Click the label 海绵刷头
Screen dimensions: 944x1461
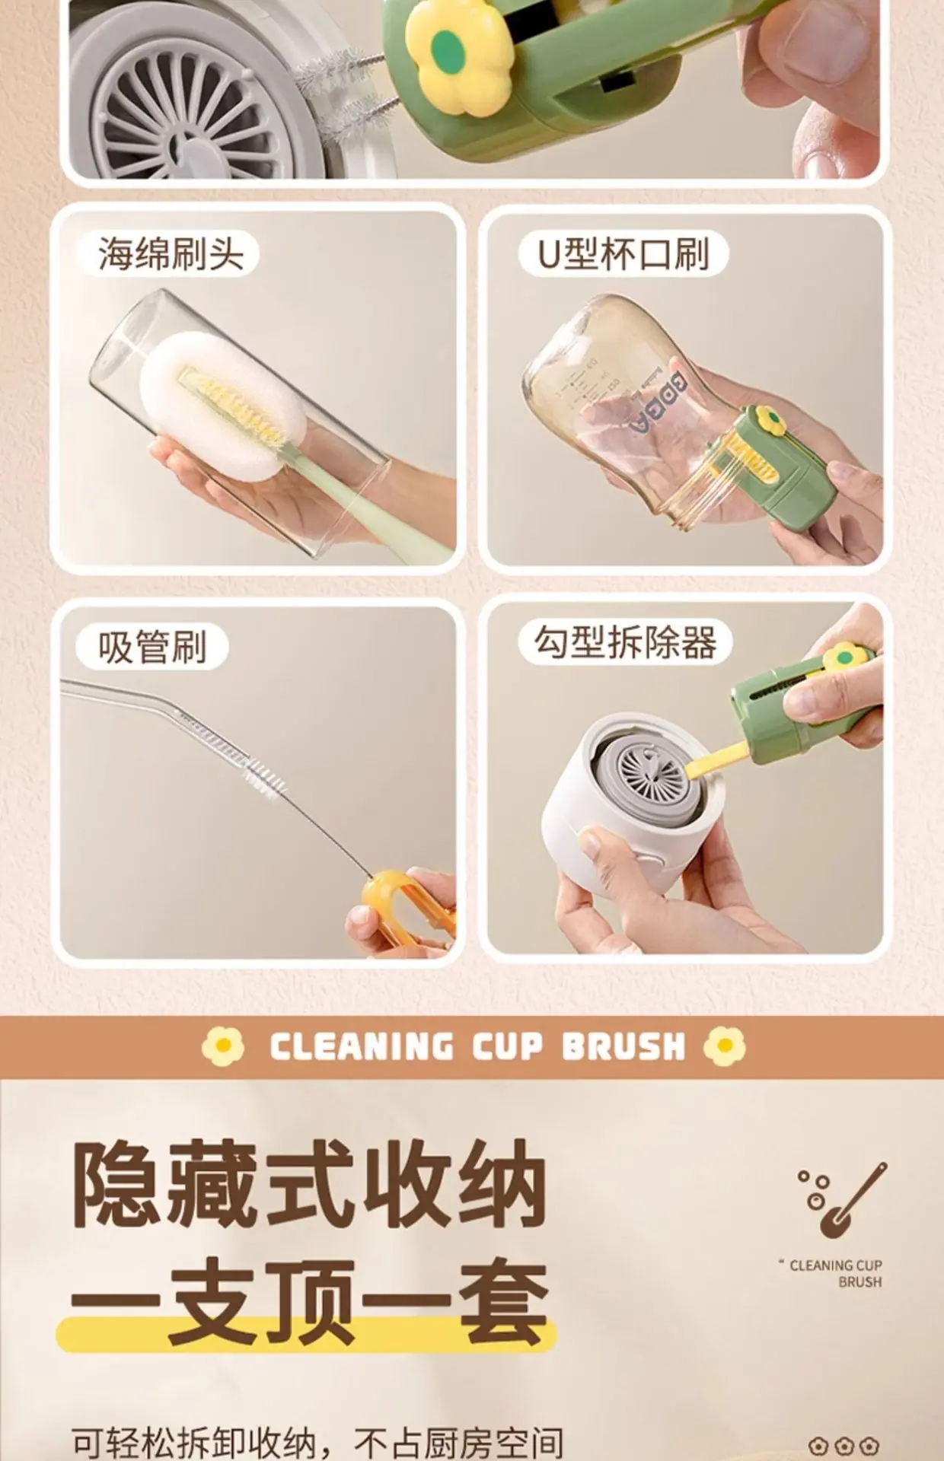171,253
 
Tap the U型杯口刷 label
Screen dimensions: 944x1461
623,253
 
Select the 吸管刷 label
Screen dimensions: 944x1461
152,648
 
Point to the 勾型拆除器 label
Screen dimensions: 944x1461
625,643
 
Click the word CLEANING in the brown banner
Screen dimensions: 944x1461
362,1047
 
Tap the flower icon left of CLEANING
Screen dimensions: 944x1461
223,1046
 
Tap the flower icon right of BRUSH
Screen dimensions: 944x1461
725,1046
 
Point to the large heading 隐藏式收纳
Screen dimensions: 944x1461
310,1182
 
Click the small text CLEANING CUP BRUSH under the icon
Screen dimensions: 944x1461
833,1273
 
